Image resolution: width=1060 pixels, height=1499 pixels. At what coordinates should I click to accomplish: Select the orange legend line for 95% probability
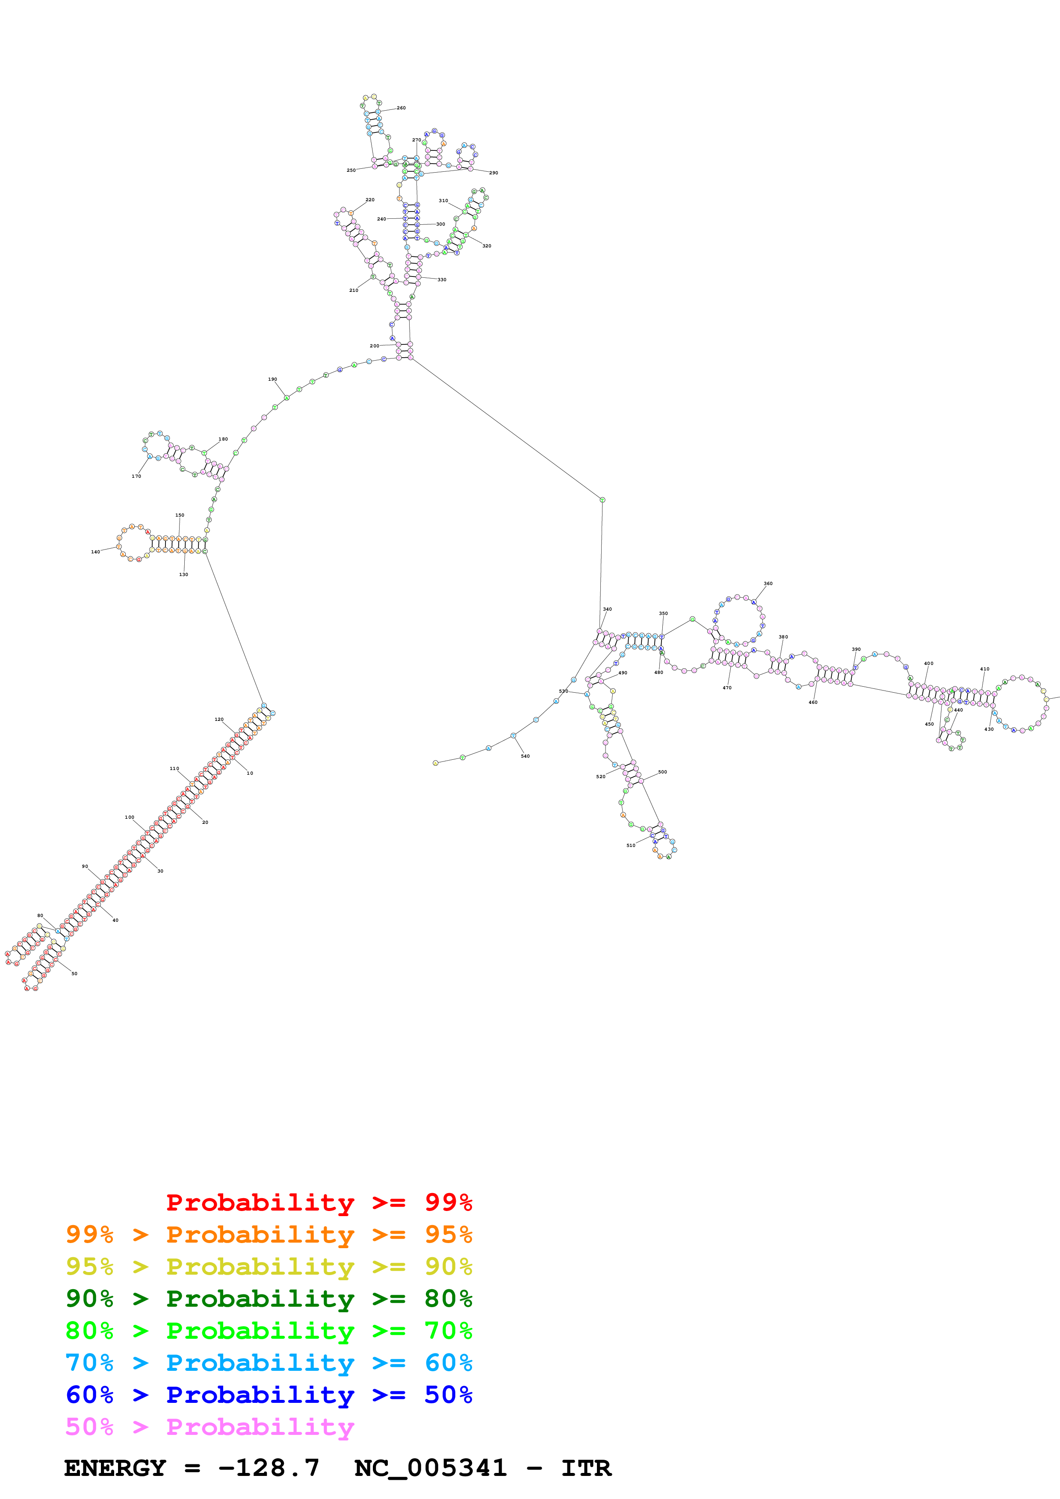(x=269, y=1234)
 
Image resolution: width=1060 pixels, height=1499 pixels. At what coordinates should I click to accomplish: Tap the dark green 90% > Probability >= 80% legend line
(x=269, y=1299)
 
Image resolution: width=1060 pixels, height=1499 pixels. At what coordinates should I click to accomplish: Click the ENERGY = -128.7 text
(x=192, y=1468)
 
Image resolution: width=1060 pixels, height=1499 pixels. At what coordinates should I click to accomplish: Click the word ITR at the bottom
(x=586, y=1468)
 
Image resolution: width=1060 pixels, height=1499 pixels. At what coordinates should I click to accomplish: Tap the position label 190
(x=272, y=379)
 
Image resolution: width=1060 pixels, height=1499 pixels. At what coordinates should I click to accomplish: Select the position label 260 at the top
(x=401, y=108)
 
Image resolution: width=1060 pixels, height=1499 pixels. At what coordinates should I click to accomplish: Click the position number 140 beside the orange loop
(x=95, y=552)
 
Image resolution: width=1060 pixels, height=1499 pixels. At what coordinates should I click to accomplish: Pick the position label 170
(x=136, y=476)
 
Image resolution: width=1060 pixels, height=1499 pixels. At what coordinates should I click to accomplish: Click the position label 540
(x=525, y=756)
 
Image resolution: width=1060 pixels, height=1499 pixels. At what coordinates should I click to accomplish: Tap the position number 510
(x=631, y=846)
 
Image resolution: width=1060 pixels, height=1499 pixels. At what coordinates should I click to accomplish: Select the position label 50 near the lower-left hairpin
(x=74, y=973)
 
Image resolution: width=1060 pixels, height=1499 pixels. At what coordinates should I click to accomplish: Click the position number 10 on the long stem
(x=249, y=773)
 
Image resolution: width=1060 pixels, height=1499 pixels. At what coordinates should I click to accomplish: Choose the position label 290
(x=494, y=173)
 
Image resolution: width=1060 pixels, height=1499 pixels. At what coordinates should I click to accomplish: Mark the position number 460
(x=813, y=702)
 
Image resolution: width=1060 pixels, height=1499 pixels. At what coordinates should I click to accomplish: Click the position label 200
(x=374, y=346)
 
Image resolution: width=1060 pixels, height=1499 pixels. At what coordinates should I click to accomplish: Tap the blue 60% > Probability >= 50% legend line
(x=269, y=1395)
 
